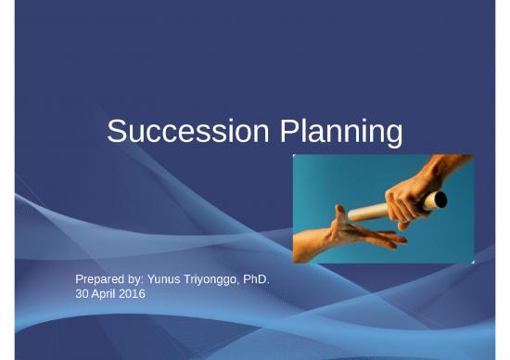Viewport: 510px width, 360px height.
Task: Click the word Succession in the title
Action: [188, 132]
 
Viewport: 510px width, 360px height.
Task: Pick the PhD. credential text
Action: [257, 278]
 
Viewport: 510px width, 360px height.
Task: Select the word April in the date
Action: [103, 293]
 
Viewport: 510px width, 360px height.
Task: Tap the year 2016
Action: [132, 293]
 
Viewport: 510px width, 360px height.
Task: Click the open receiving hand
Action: [348, 228]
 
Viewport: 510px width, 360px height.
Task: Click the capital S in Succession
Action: [117, 132]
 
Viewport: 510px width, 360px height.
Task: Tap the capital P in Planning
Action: [288, 132]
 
